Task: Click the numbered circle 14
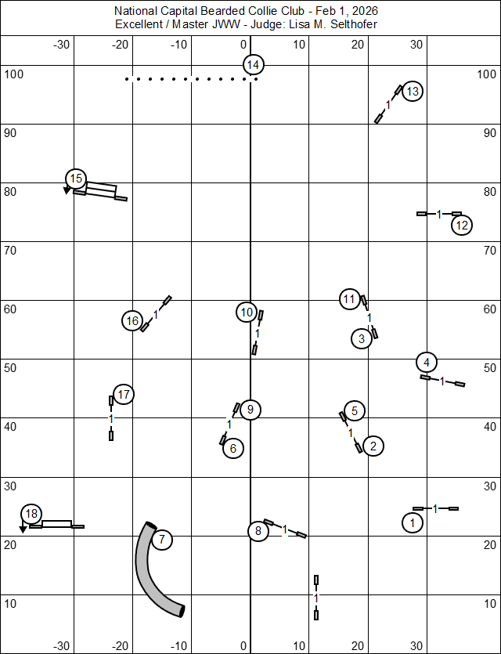coord(252,65)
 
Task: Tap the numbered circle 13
coord(413,92)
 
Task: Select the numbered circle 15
coord(75,179)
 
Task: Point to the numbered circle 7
coord(161,539)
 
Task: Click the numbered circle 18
coord(31,514)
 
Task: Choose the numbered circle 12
coord(462,226)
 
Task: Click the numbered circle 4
coord(427,362)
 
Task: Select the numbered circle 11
coord(350,298)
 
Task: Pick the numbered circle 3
coord(361,339)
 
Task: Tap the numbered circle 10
coord(247,313)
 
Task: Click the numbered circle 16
coord(132,320)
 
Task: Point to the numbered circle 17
coord(124,395)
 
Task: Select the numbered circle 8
coord(258,531)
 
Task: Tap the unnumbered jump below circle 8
coord(316,598)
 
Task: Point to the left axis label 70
coord(12,250)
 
